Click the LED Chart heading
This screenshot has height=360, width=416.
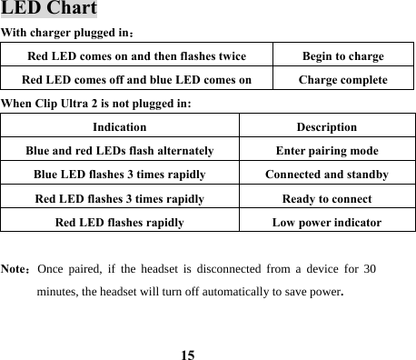[x=49, y=10]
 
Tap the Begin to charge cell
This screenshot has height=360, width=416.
[x=342, y=56]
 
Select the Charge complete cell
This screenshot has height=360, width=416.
[x=342, y=80]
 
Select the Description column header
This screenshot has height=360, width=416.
[x=326, y=127]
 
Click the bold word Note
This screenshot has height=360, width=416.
[x=15, y=270]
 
